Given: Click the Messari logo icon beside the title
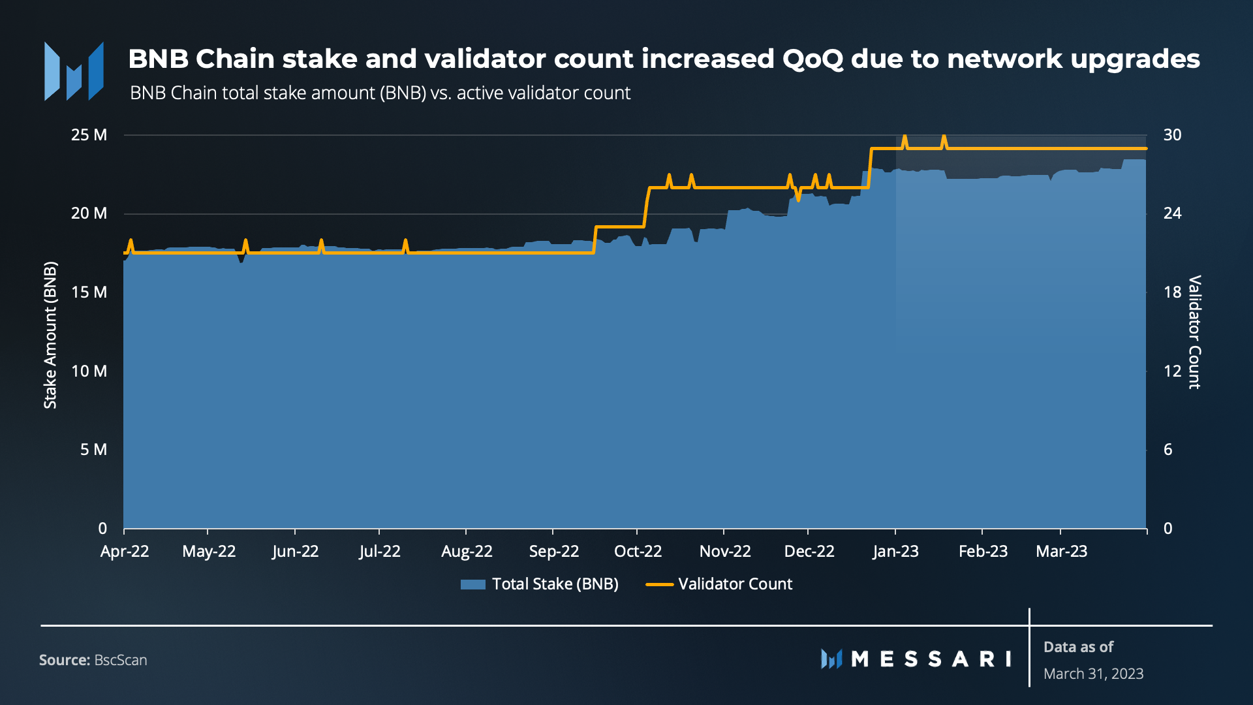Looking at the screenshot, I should pyautogui.click(x=74, y=71).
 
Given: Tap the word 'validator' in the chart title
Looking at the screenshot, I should pyautogui.click(x=495, y=59).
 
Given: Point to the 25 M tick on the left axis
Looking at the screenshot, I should pyautogui.click(x=89, y=135).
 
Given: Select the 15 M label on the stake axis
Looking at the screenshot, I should pyautogui.click(x=89, y=292).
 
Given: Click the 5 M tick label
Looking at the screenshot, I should pyautogui.click(x=94, y=449).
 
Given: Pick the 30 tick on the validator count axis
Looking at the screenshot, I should pyautogui.click(x=1172, y=135).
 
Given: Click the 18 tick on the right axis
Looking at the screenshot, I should pyautogui.click(x=1172, y=292).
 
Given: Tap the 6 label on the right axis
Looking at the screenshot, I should pyautogui.click(x=1168, y=449).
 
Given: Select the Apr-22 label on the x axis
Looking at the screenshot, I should pyautogui.click(x=125, y=552).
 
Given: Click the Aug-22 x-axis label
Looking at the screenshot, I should pyautogui.click(x=467, y=552).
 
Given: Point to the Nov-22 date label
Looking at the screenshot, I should pyautogui.click(x=725, y=552).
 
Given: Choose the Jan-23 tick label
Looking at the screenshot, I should pyautogui.click(x=895, y=552).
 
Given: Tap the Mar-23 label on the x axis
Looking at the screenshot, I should pyautogui.click(x=1061, y=552).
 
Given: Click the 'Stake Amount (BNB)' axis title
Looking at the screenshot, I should pyautogui.click(x=50, y=335).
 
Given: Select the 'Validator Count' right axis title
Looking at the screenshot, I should pyautogui.click(x=1194, y=332).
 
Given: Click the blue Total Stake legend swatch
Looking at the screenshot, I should pyautogui.click(x=472, y=584).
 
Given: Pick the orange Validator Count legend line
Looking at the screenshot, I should pyautogui.click(x=659, y=584).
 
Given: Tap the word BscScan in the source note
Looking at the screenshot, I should pyautogui.click(x=121, y=660).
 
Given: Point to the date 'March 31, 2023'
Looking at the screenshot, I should pyautogui.click(x=1093, y=674).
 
